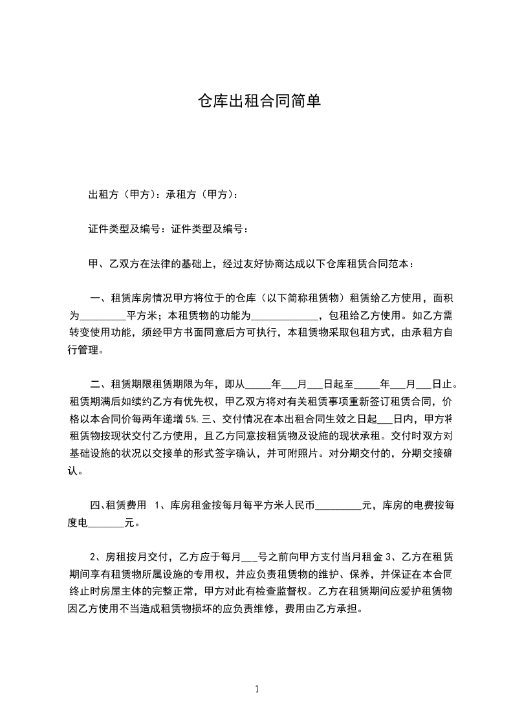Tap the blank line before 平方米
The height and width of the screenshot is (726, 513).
tap(102, 316)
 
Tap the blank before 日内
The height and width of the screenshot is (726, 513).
tap(384, 418)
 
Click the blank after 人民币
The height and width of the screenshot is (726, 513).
tap(338, 506)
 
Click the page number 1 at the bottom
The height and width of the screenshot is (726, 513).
tap(257, 690)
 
